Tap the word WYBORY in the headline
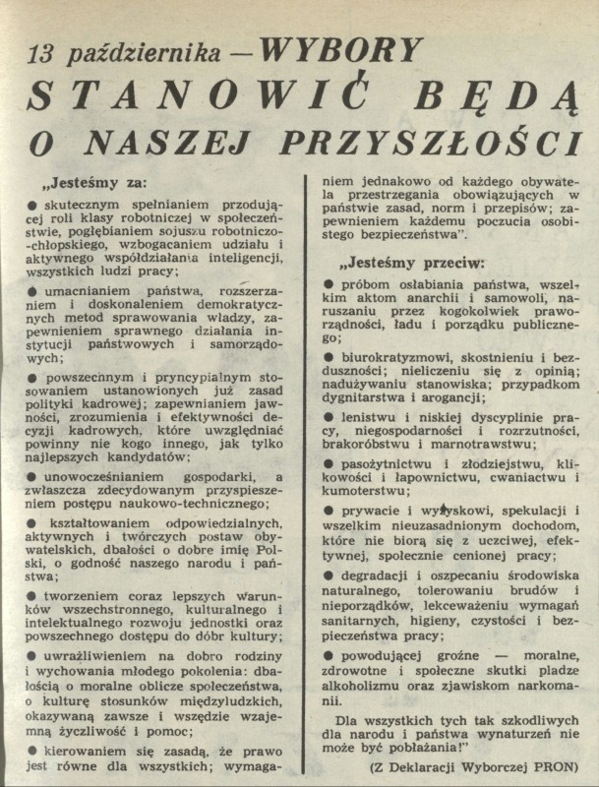point(345,49)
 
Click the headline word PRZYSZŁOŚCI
point(431,143)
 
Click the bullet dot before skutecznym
point(32,205)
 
